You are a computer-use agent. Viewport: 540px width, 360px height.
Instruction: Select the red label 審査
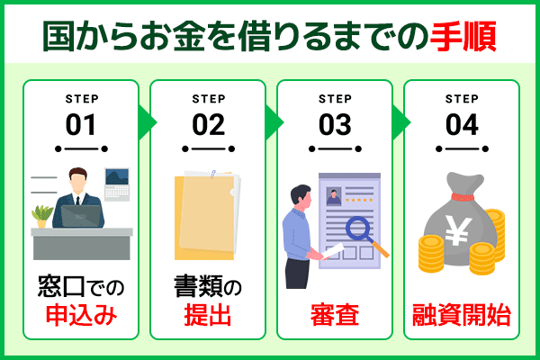pyautogui.click(x=334, y=316)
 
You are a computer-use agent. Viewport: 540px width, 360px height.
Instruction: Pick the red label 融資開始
pyautogui.click(x=461, y=316)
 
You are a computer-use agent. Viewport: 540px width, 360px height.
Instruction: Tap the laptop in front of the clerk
pyautogui.click(x=80, y=217)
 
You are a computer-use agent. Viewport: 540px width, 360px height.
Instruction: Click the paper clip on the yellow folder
pyautogui.click(x=214, y=174)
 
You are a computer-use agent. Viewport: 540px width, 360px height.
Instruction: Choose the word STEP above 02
pyautogui.click(x=208, y=99)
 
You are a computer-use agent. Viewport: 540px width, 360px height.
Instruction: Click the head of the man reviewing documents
pyautogui.click(x=299, y=196)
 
